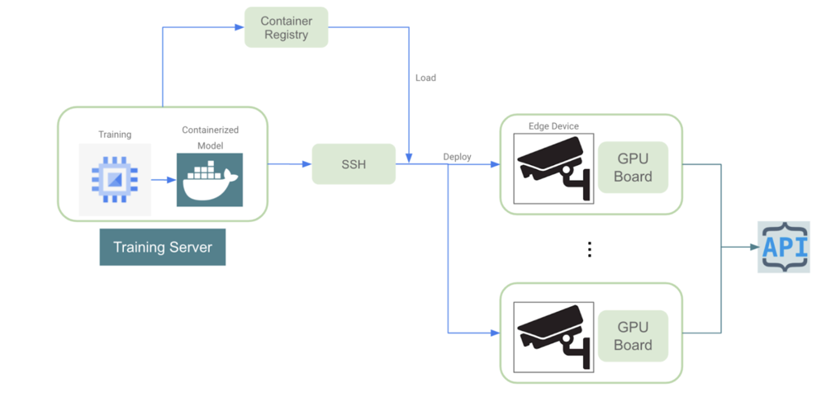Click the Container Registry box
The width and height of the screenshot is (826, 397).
(x=286, y=27)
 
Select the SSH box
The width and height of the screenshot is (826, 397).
(x=354, y=164)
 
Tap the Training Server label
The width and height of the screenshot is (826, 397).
(x=162, y=247)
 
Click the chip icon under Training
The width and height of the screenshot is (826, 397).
(x=115, y=179)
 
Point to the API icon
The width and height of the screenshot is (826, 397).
(x=784, y=247)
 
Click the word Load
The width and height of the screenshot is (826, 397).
(x=425, y=78)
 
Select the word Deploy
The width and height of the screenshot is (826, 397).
(x=457, y=157)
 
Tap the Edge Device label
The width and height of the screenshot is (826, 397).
(x=553, y=126)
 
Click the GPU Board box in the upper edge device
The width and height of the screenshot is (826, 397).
(x=633, y=167)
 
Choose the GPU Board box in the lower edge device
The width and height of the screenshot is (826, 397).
(x=633, y=335)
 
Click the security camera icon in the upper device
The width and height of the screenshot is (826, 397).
(x=553, y=168)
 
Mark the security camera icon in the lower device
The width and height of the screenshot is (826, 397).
(x=553, y=336)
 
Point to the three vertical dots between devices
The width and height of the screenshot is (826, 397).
(x=589, y=249)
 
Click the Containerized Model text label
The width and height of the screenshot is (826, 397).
(x=210, y=137)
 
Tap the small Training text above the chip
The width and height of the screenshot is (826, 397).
(x=115, y=135)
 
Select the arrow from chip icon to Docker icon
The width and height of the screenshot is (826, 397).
(x=163, y=179)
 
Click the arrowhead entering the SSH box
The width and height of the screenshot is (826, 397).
(x=307, y=164)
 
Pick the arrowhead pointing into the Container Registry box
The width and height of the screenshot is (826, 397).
(x=240, y=28)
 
